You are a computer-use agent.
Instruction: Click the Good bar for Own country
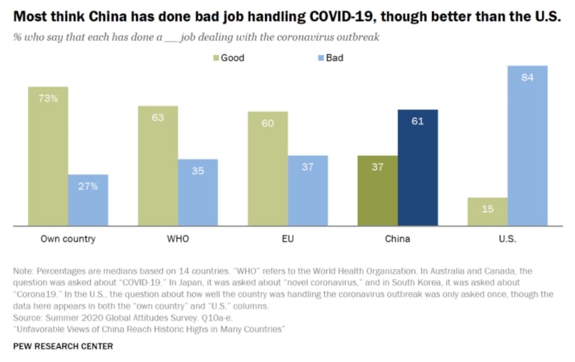click(x=48, y=157)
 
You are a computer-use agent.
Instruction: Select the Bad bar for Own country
click(x=88, y=201)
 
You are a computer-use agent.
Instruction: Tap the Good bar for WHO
click(x=158, y=166)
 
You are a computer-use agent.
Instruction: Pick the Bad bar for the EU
click(x=307, y=191)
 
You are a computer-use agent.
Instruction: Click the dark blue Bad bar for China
click(x=418, y=168)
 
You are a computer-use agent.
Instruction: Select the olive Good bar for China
click(x=378, y=191)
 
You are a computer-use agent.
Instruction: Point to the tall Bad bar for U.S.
click(x=527, y=146)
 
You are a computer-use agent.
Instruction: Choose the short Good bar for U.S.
click(x=488, y=212)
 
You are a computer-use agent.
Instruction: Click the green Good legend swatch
click(x=216, y=58)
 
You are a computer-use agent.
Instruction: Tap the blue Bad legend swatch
click(x=321, y=58)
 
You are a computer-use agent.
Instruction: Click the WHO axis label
click(x=178, y=239)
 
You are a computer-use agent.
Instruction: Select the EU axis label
click(x=288, y=239)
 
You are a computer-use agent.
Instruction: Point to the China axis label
click(x=398, y=239)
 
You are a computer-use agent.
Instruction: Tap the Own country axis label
click(x=68, y=239)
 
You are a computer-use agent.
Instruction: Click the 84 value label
click(x=527, y=78)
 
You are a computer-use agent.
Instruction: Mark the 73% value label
click(x=48, y=99)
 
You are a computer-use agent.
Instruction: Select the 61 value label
click(x=418, y=121)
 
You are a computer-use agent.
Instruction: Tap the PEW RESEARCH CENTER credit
click(x=63, y=346)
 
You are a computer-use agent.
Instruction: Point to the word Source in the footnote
click(x=27, y=317)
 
